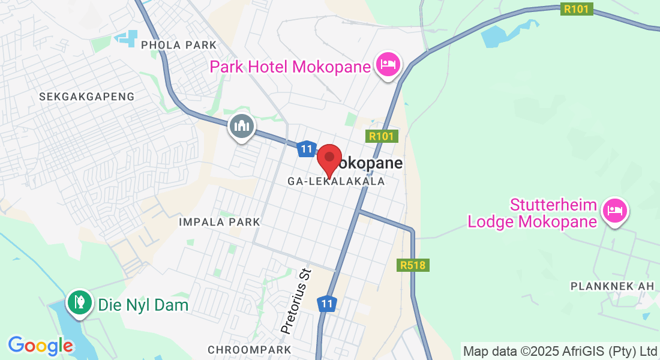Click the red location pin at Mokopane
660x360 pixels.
pyautogui.click(x=329, y=158)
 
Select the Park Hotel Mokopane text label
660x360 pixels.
pyautogui.click(x=290, y=66)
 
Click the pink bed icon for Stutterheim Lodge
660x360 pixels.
pyautogui.click(x=615, y=211)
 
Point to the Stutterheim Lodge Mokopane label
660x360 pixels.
pyautogui.click(x=533, y=214)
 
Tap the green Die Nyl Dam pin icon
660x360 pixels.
pyautogui.click(x=79, y=302)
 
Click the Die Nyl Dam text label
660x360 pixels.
pyautogui.click(x=142, y=305)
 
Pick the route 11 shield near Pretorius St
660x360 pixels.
pyautogui.click(x=326, y=304)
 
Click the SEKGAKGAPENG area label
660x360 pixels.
pyautogui.click(x=86, y=96)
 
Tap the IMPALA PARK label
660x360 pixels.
pyautogui.click(x=220, y=222)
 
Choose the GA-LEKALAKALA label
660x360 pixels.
pyautogui.click(x=337, y=181)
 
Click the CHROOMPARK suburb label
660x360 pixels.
pyautogui.click(x=249, y=349)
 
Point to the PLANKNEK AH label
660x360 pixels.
pyautogui.click(x=612, y=286)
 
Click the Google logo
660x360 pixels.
pyautogui.click(x=41, y=346)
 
